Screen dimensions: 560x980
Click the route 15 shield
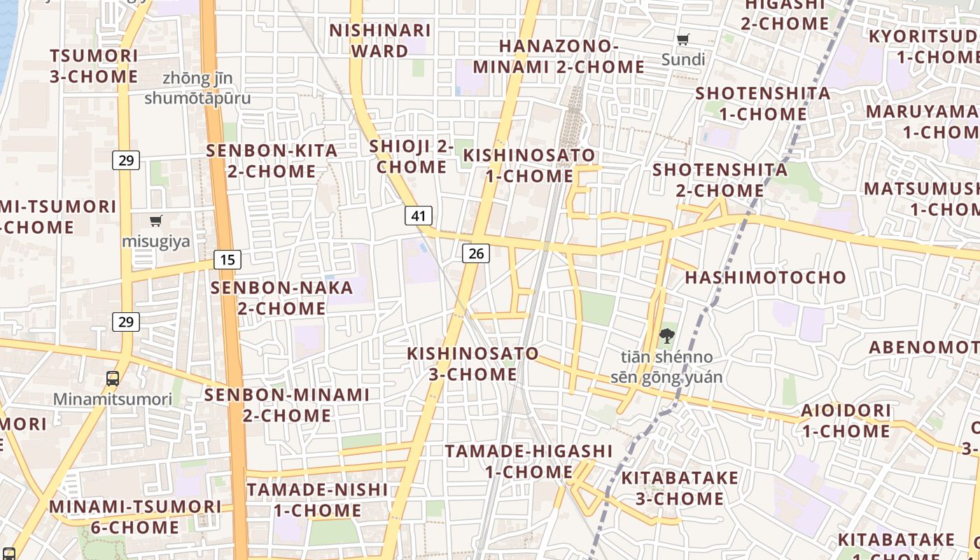coord(227,260)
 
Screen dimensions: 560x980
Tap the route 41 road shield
coord(419,216)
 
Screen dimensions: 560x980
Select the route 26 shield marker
coord(476,253)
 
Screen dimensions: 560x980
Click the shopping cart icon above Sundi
coord(683,40)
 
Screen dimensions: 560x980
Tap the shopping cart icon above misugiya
coord(156,221)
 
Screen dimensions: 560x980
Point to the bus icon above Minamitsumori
coord(113,379)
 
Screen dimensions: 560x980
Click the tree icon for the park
coord(666,337)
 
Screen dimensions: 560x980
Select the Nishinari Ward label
coord(380,41)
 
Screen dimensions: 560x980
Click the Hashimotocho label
coord(766,277)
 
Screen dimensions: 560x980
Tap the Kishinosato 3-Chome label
coord(473,364)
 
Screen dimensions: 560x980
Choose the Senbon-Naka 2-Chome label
coord(282,298)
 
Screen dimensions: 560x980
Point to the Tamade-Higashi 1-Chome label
coord(529,461)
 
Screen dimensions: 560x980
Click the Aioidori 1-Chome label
coord(846,421)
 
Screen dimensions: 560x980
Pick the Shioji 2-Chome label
coord(412,157)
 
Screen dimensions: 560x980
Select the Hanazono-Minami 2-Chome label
coord(559,57)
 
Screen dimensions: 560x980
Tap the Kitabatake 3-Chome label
coord(680,489)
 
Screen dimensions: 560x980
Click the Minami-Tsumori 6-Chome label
coord(135,517)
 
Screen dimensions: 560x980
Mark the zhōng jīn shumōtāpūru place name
coord(197,88)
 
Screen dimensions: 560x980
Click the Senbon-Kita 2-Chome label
coord(272,161)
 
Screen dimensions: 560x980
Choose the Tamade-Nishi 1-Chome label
coord(317,500)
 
